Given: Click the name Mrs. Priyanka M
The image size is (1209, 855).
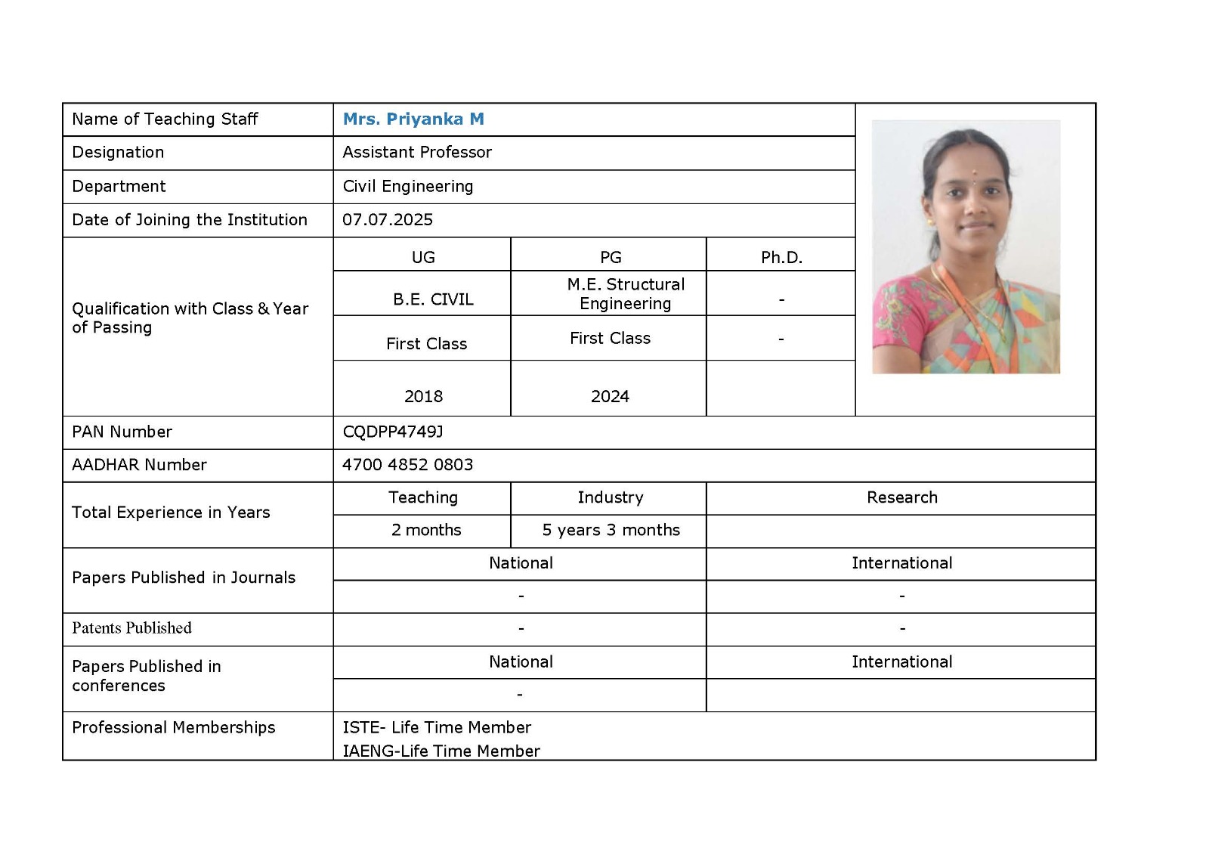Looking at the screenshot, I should [x=413, y=119].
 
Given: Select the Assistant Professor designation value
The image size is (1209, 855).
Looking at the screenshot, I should [x=417, y=153].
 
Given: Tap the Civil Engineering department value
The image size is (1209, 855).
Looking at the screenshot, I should [x=408, y=187].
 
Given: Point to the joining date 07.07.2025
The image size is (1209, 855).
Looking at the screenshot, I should [x=388, y=220].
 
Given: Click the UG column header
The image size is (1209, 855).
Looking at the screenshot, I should [x=423, y=258].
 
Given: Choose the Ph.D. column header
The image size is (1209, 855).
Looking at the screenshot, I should [x=781, y=258].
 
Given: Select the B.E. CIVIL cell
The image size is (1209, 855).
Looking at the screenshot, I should [x=433, y=299].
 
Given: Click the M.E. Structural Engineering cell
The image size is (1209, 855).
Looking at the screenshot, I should [x=626, y=294].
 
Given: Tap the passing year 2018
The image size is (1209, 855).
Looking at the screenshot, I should [x=423, y=397].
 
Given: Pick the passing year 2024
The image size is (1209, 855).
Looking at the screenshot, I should [x=610, y=397].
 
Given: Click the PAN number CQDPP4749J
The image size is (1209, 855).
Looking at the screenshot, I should [x=393, y=432].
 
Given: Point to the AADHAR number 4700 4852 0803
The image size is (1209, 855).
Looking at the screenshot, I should [x=408, y=465].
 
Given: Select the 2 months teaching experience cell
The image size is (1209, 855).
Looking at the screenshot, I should [x=426, y=531].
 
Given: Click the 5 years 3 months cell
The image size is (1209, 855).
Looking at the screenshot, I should [x=611, y=531].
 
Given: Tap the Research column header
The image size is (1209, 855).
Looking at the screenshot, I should [x=901, y=498].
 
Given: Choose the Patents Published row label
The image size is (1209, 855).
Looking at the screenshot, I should [x=132, y=628].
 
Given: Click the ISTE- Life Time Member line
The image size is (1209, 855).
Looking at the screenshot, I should [x=437, y=728].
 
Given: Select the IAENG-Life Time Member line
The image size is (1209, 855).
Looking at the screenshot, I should [x=441, y=751].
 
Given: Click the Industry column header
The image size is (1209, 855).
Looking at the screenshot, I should [x=611, y=498].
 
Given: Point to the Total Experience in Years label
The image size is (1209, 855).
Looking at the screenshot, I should [x=171, y=513].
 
